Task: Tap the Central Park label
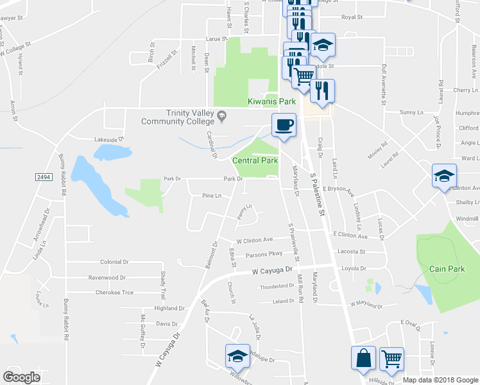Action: [255, 160]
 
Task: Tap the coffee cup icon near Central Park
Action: [283, 124]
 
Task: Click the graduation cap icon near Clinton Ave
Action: [443, 177]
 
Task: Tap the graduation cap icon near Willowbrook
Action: [237, 356]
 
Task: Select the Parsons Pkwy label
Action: [264, 255]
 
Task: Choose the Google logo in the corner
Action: [22, 377]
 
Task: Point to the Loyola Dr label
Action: [353, 268]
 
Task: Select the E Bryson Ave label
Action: [337, 191]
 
